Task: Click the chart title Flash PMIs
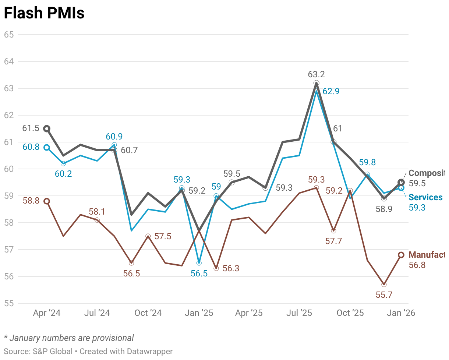coord(44,13)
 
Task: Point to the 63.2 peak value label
coord(317,75)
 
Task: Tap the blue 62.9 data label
coord(331,92)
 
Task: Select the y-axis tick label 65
coord(9,35)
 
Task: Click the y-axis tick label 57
coord(9,250)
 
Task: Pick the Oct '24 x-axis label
coord(148,313)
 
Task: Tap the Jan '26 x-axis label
coord(402,313)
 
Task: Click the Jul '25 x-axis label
coord(299,313)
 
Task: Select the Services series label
coord(425,197)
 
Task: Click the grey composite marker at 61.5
coord(47,128)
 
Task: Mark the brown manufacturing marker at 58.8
coord(47,201)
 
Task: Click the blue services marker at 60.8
coord(47,147)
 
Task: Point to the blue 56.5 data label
coord(199,273)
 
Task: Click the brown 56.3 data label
coord(231,268)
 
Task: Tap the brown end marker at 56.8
coord(401,255)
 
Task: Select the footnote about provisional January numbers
coord(69,338)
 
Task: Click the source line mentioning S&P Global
coord(88,352)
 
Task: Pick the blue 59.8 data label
coord(367,163)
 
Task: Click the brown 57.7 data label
coord(334,241)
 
